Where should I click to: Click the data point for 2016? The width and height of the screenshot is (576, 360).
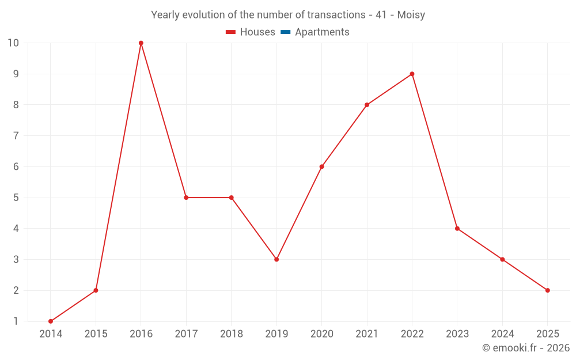coord(141,43)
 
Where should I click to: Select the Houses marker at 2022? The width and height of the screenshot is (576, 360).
coord(412,74)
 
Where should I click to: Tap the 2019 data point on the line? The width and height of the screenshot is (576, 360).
coord(276,259)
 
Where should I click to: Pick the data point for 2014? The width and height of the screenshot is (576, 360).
coord(51,321)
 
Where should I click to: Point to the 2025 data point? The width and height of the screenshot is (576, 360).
coord(547,290)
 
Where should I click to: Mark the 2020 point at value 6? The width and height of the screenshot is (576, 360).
coord(321,166)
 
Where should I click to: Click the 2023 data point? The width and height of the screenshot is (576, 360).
coord(457,229)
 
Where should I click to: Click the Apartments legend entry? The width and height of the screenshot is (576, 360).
coord(322,32)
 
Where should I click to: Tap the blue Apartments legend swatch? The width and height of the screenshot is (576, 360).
coord(285,32)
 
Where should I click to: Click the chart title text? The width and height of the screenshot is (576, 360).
coord(288,15)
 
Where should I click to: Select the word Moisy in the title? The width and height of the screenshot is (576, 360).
coord(411,15)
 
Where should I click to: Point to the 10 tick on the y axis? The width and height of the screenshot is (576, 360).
coord(13,43)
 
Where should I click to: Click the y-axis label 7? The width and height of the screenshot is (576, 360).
coord(16,136)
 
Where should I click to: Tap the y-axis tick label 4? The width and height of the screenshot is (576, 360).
coord(16,229)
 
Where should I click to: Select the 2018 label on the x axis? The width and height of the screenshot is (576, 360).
coord(232,334)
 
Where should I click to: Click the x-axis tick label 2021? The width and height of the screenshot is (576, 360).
coord(367,334)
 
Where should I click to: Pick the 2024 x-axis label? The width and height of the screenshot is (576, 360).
coord(502,334)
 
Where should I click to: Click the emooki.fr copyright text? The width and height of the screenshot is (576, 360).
coord(526,348)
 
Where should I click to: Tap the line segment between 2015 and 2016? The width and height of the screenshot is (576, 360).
coord(119,166)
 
